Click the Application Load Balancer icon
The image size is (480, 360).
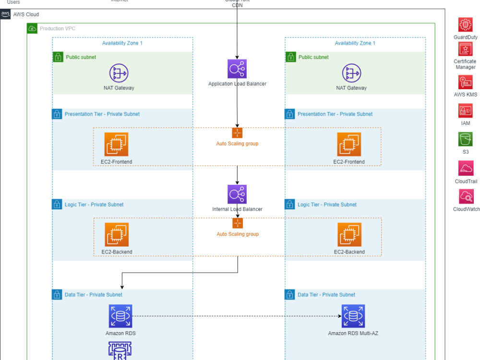pyautogui.click(x=237, y=69)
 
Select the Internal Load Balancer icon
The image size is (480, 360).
pyautogui.click(x=237, y=194)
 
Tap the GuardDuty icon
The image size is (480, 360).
pyautogui.click(x=465, y=24)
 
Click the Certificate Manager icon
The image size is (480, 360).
pyautogui.click(x=465, y=49)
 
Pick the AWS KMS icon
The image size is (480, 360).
pyautogui.click(x=465, y=82)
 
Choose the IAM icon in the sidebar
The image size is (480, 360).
pyautogui.click(x=465, y=111)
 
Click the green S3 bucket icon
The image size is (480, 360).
pyautogui.click(x=465, y=139)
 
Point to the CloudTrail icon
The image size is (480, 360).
pyautogui.click(x=466, y=168)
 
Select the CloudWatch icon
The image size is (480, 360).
pyautogui.click(x=466, y=196)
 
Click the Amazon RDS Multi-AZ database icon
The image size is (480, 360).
pyautogui.click(x=353, y=316)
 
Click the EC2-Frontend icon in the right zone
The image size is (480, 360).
pyautogui.click(x=349, y=144)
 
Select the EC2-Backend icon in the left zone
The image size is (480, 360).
pyautogui.click(x=117, y=235)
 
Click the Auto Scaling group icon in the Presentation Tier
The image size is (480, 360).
pyautogui.click(x=237, y=133)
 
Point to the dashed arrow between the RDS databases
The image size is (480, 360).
pyautogui.click(x=237, y=316)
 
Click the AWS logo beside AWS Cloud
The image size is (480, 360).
pyautogui.click(x=5, y=14)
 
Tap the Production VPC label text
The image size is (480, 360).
pyautogui.click(x=58, y=29)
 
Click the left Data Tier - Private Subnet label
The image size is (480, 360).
pyautogui.click(x=93, y=295)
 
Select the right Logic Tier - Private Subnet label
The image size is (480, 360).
pyautogui.click(x=327, y=204)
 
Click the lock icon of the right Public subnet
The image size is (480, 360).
pyautogui.click(x=291, y=57)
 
